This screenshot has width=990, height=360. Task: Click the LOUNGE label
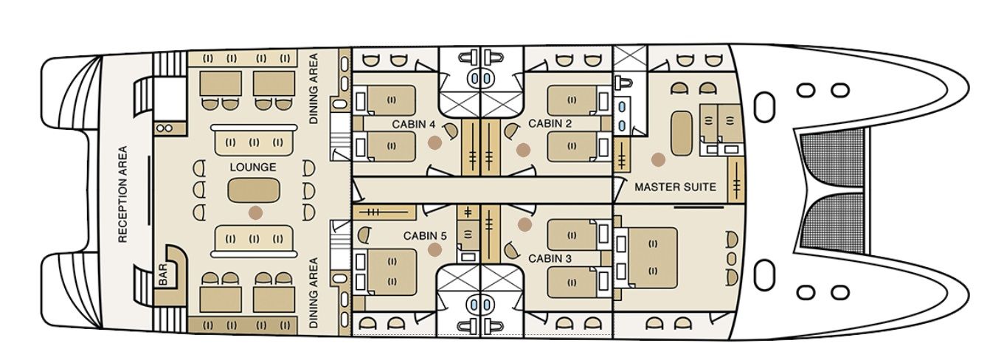(x=252, y=167)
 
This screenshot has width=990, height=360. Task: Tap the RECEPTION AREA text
(x=123, y=194)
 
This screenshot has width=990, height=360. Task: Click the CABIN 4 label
(x=414, y=124)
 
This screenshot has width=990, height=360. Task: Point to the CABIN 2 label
(x=550, y=124)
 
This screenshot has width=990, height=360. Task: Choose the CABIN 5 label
(x=425, y=237)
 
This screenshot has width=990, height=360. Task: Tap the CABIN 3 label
(x=550, y=259)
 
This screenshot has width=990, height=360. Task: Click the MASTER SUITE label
(x=675, y=187)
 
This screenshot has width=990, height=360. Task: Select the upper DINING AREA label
(x=314, y=89)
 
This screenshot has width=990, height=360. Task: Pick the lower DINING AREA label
(x=314, y=293)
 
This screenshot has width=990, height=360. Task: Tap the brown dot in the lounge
(x=255, y=212)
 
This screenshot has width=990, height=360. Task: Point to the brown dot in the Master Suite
(x=658, y=159)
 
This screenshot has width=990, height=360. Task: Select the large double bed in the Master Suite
(x=652, y=257)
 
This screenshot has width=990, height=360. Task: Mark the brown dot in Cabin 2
(x=523, y=150)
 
